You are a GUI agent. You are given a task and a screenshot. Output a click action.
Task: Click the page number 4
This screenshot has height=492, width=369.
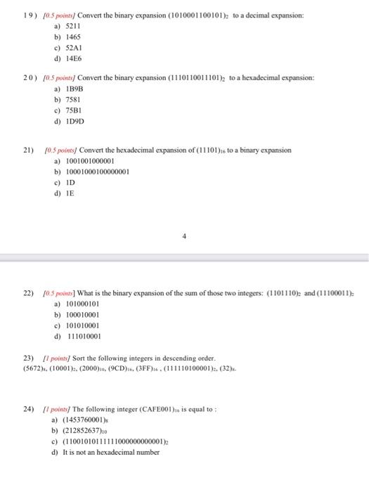[x=184, y=237]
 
